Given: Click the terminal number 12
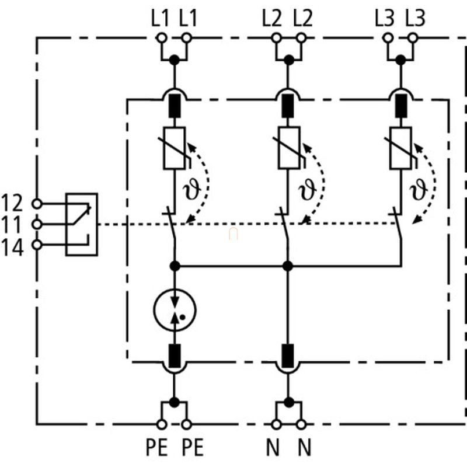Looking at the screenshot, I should pyautogui.click(x=12, y=203).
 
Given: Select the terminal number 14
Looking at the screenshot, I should pyautogui.click(x=12, y=248).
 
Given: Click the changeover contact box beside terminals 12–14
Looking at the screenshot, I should pyautogui.click(x=82, y=225).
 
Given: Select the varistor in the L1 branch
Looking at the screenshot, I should pyautogui.click(x=174, y=148).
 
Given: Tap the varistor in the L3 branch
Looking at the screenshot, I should pyautogui.click(x=400, y=148).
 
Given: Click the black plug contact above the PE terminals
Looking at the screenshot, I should pyautogui.click(x=174, y=356).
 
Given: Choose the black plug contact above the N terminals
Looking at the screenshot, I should pyautogui.click(x=287, y=356).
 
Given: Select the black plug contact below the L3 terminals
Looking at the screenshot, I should pyautogui.click(x=400, y=106).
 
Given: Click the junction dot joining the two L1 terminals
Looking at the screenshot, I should pyautogui.click(x=174, y=60).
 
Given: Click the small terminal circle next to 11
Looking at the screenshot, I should pyautogui.click(x=37, y=224).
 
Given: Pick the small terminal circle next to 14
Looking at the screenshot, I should pyautogui.click(x=37, y=245).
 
